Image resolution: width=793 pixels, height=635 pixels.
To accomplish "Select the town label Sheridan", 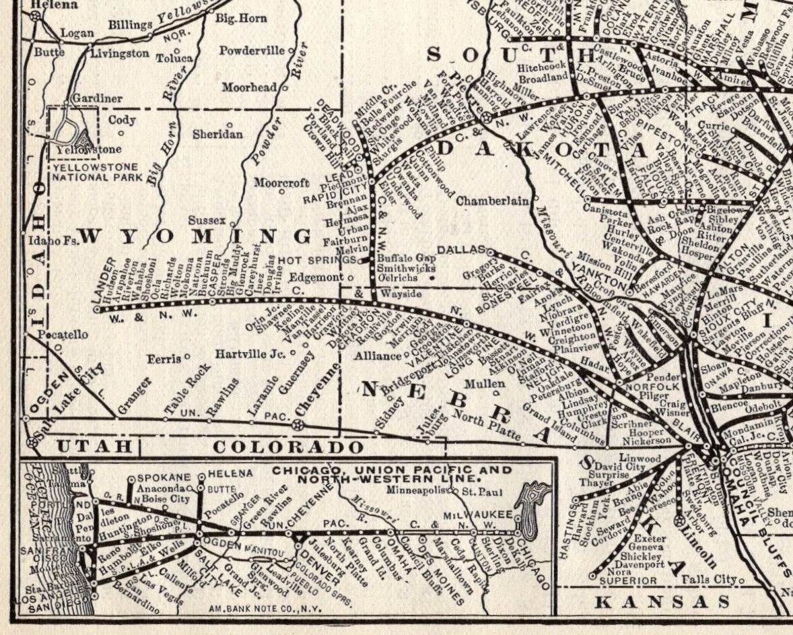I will tap(217, 134).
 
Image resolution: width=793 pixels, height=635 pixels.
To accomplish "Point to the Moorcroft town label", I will tap(281, 182).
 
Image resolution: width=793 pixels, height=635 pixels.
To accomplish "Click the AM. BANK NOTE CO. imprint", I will tap(265, 608).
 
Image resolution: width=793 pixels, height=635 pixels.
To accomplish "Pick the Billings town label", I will tap(131, 25).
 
